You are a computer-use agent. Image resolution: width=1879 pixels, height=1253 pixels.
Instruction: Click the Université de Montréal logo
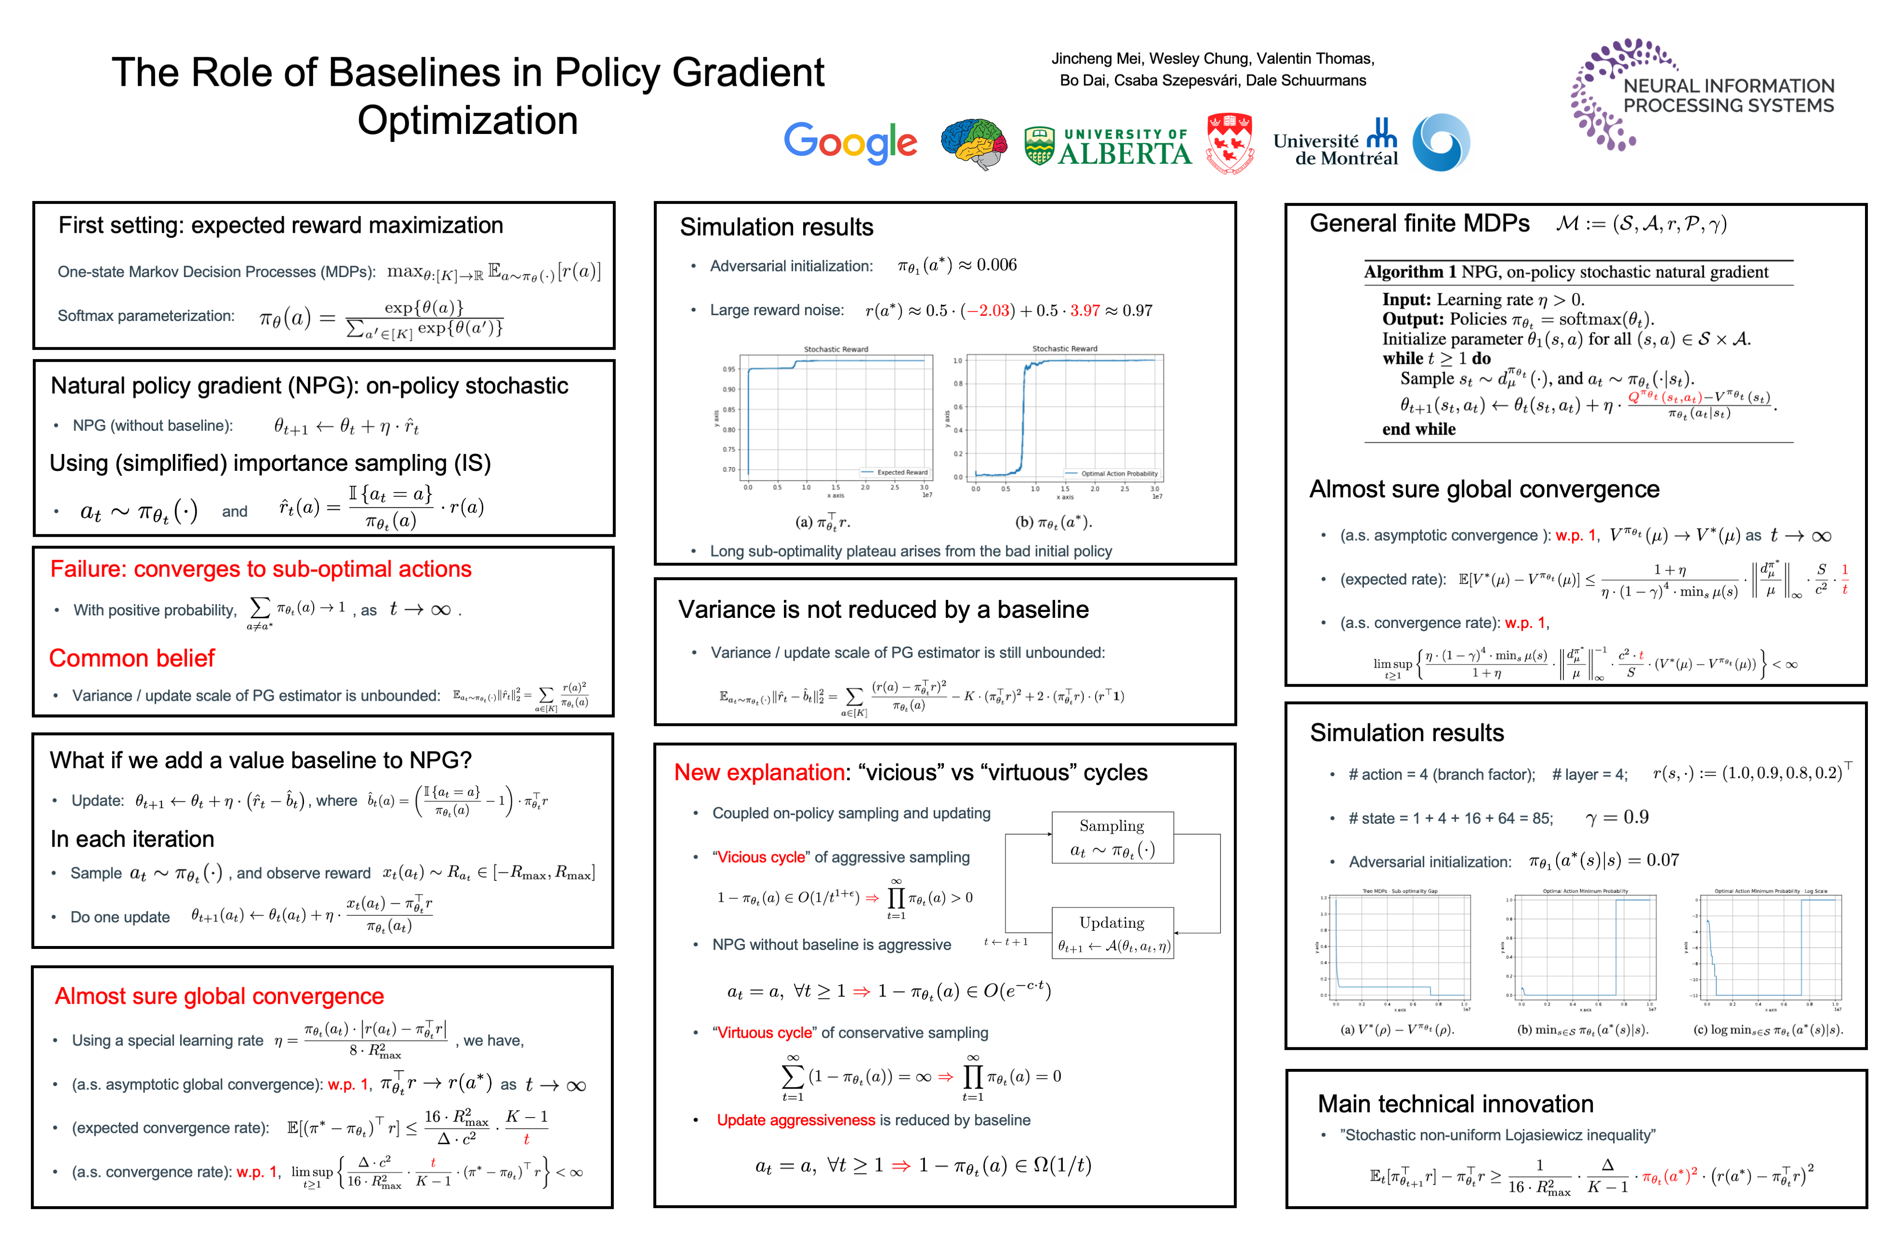tap(1336, 144)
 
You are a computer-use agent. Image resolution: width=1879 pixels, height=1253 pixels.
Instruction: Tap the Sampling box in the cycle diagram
tap(1112, 838)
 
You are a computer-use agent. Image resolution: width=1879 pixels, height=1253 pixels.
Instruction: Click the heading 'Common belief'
tap(132, 658)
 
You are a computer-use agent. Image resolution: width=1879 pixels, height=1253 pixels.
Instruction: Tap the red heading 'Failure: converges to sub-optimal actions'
tap(261, 569)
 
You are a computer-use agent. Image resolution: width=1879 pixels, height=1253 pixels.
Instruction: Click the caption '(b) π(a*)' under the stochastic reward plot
tap(1053, 522)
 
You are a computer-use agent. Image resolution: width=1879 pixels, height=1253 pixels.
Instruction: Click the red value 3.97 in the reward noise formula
tap(1085, 311)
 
